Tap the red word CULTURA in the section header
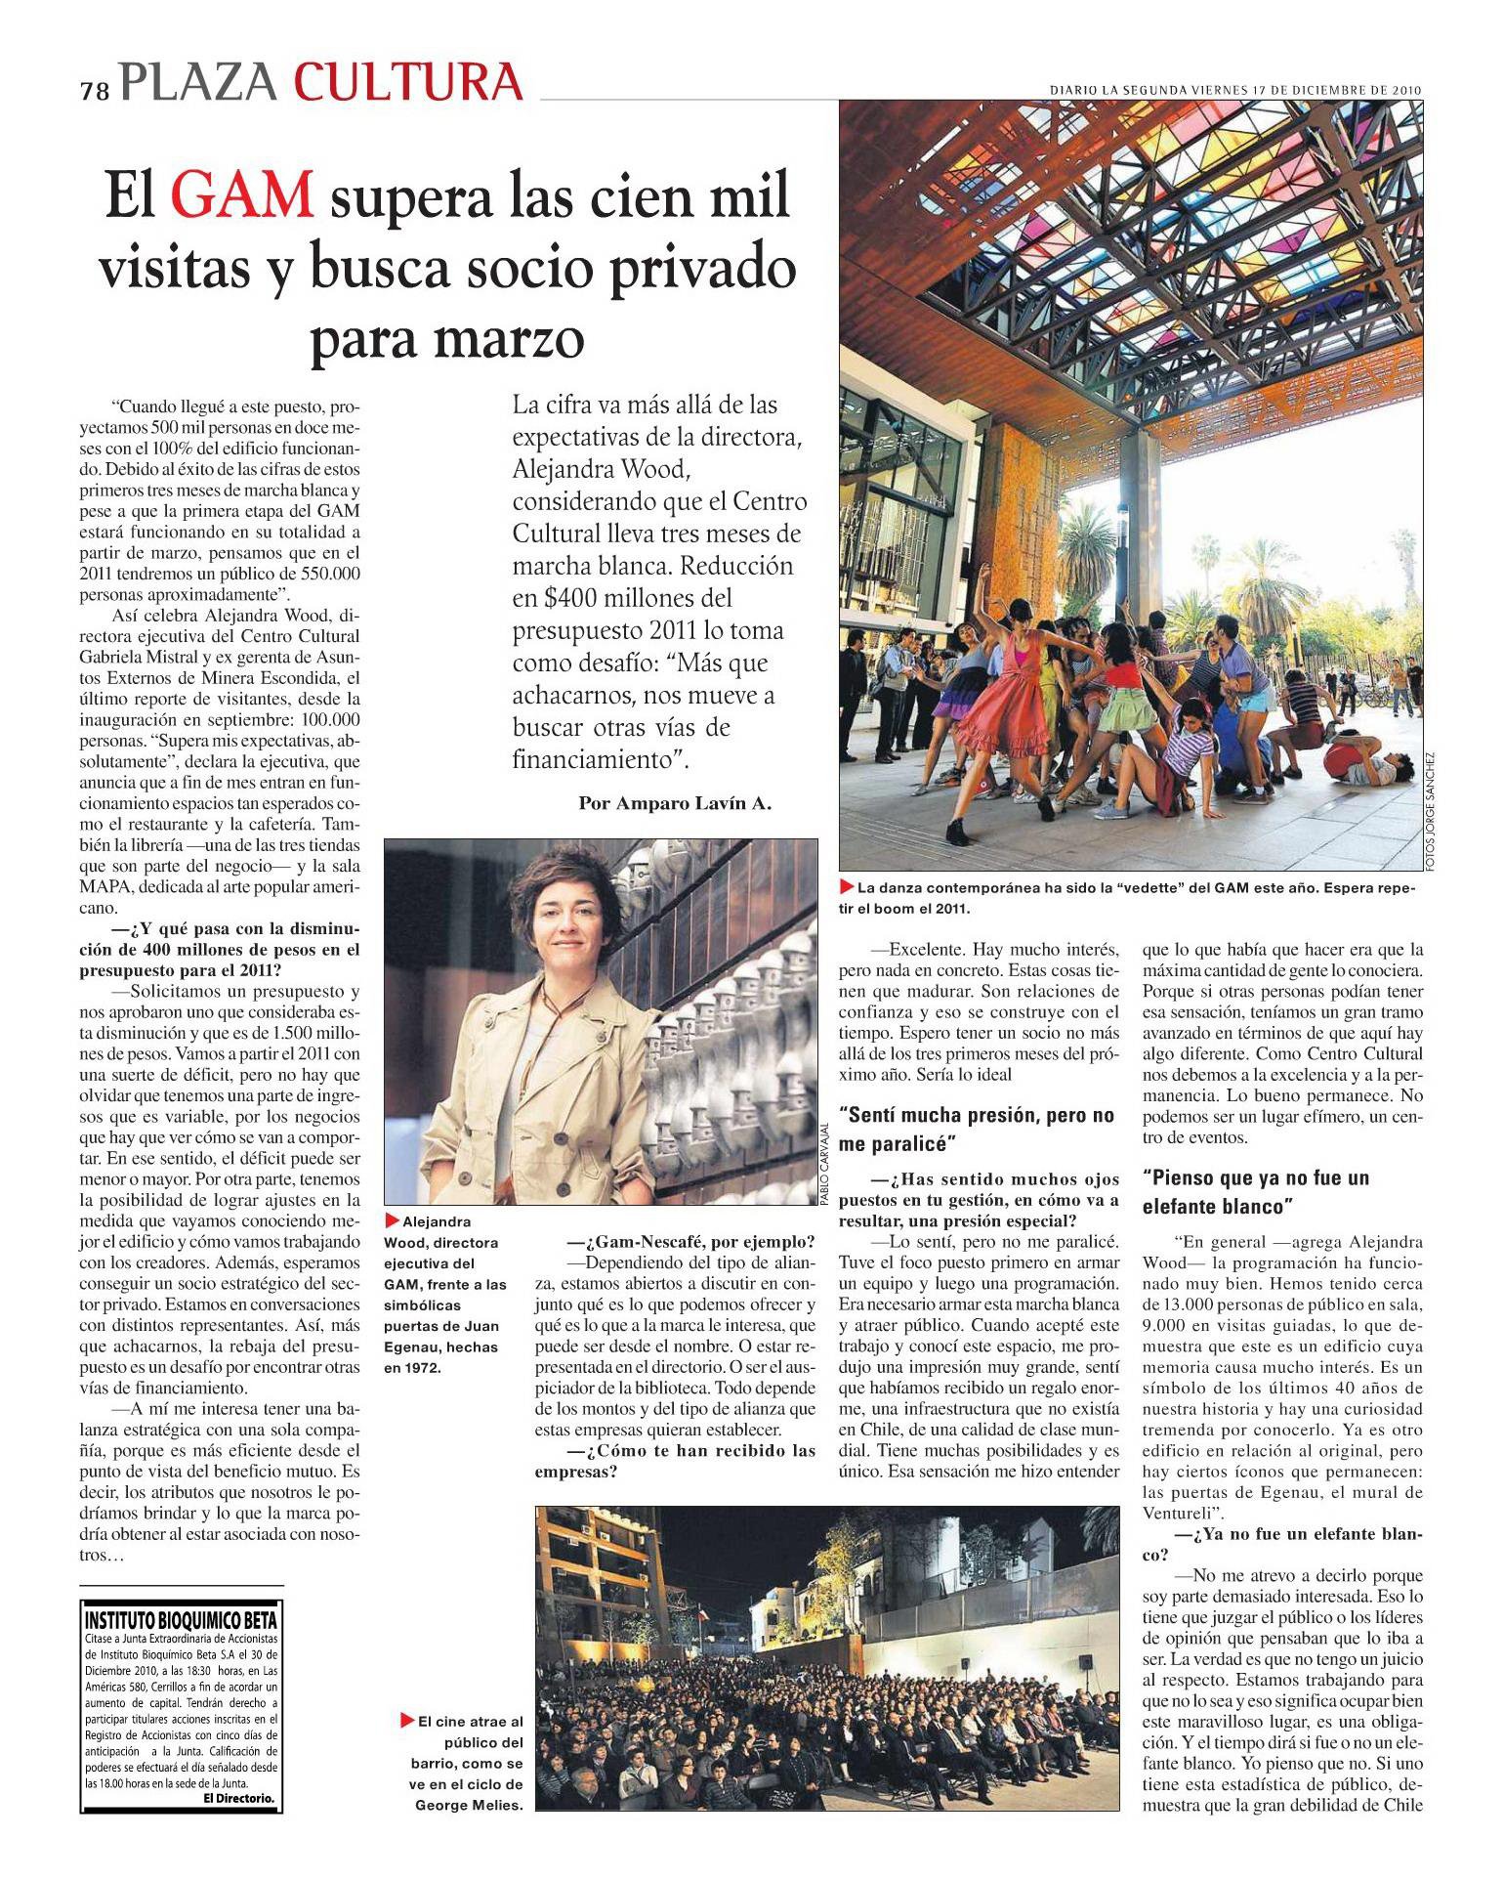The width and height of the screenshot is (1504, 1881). pyautogui.click(x=408, y=82)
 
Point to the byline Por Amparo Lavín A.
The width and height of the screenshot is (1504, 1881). pyautogui.click(x=675, y=803)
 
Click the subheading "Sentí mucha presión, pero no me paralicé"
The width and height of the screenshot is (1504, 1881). pyautogui.click(x=977, y=1129)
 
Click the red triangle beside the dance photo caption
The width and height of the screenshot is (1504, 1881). pyautogui.click(x=847, y=887)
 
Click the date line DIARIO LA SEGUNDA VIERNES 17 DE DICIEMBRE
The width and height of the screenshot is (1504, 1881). pyautogui.click(x=1234, y=89)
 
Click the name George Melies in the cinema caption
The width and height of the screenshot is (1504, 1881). pyautogui.click(x=470, y=1805)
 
